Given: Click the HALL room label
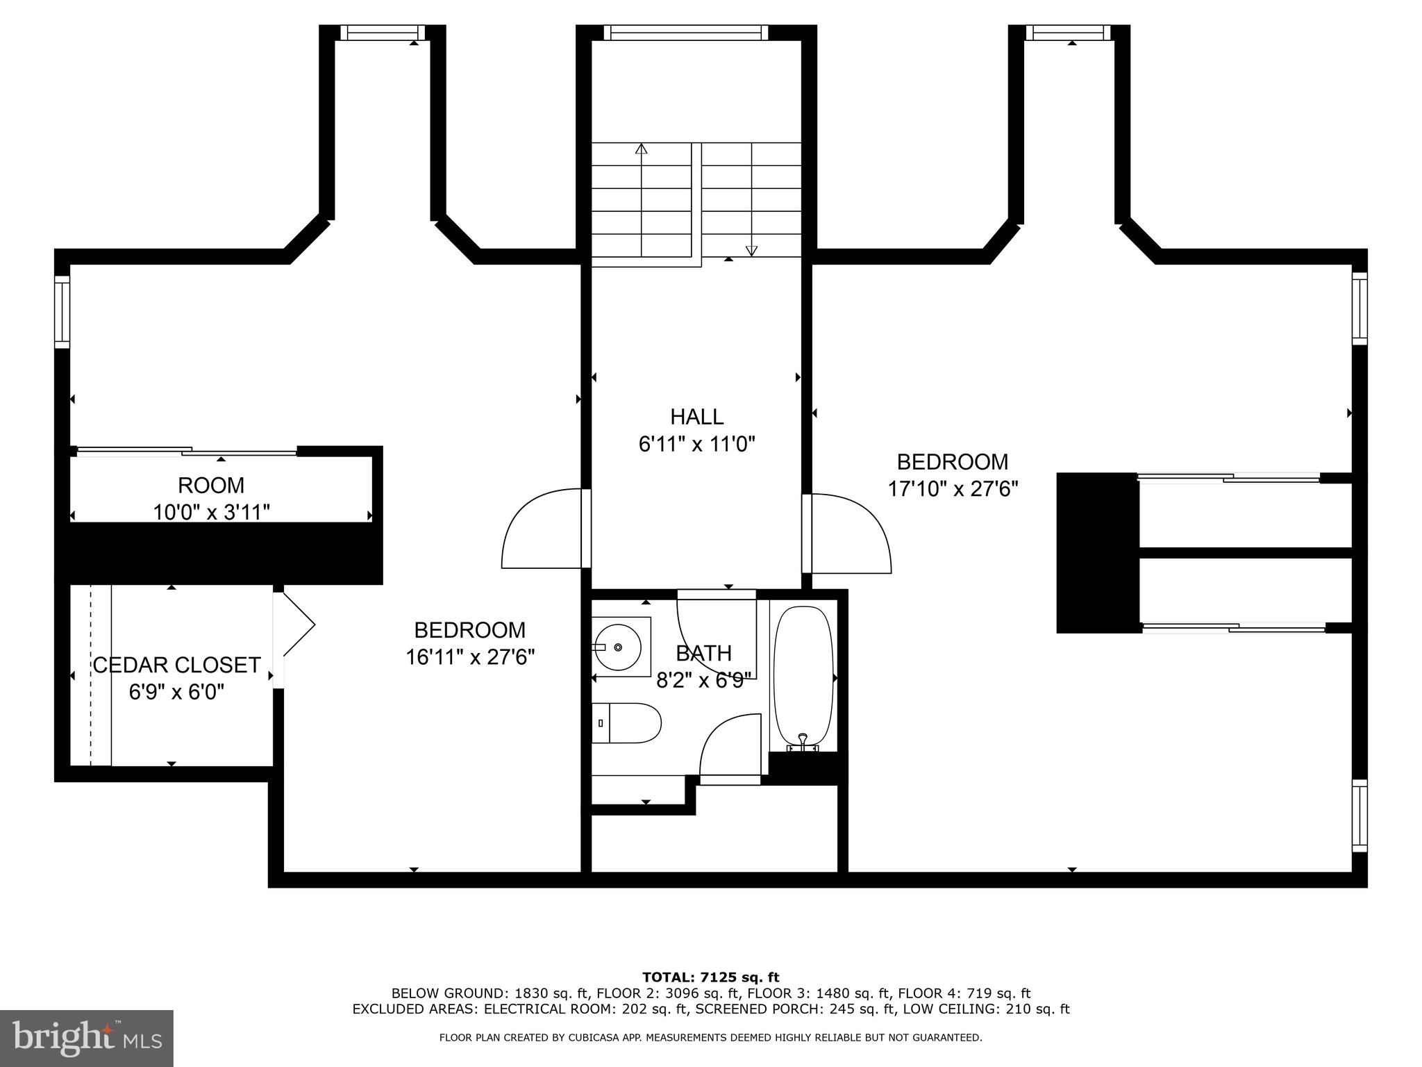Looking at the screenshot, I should tap(696, 417).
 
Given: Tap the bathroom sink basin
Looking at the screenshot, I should tap(617, 647).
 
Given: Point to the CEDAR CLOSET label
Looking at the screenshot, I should tap(176, 665).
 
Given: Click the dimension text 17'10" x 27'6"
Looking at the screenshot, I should tap(953, 489).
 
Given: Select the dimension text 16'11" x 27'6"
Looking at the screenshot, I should tap(470, 657).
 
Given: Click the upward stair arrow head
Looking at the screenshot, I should tap(642, 148).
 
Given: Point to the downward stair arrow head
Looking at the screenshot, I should tap(751, 251).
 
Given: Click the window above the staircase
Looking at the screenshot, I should tap(686, 33).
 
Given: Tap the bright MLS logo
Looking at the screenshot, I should tap(86, 1039).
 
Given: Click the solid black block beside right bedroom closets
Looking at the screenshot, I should tap(1097, 553).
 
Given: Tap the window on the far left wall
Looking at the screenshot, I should tap(62, 312).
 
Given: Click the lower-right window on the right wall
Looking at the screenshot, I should tap(1359, 816).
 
